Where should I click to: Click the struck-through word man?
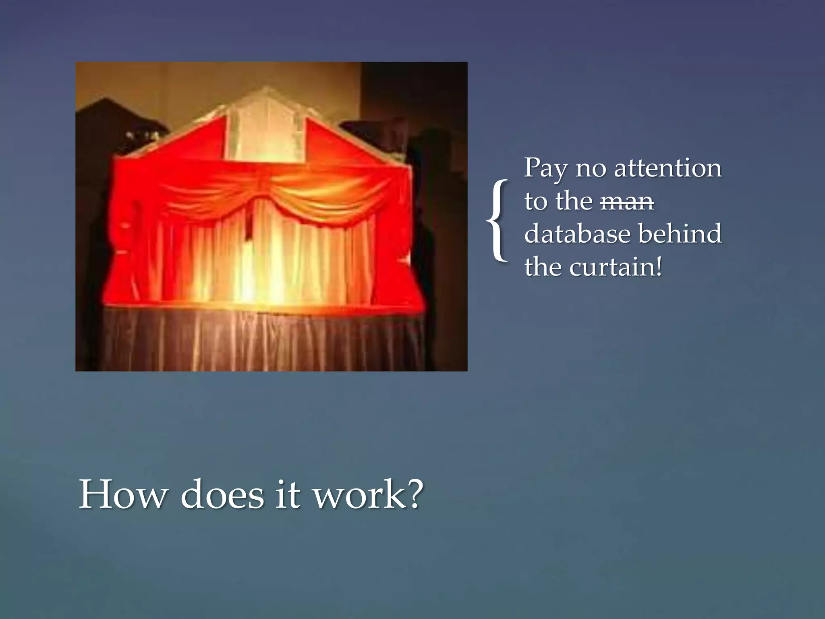627,201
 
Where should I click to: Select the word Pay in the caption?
545,168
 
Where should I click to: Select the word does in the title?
222,494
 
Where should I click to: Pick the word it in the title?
288,494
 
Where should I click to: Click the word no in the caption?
590,168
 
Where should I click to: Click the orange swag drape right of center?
318,189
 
